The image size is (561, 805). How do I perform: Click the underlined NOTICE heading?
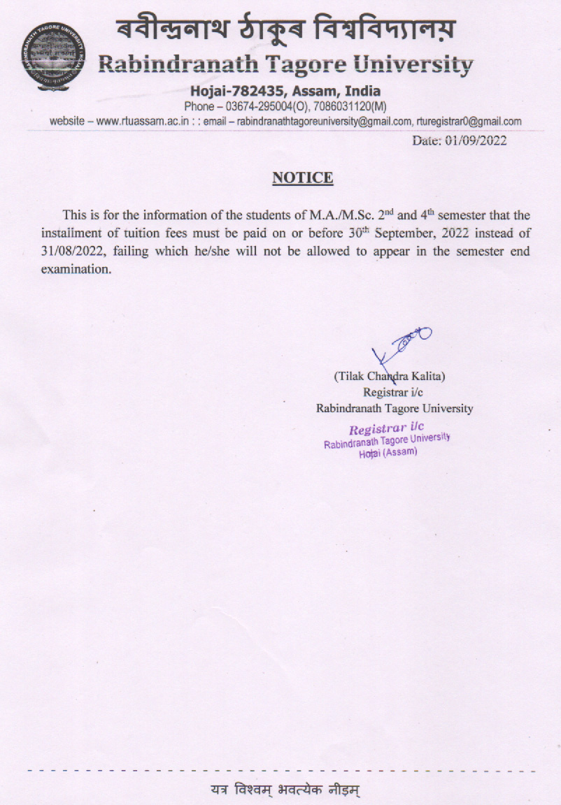(302, 177)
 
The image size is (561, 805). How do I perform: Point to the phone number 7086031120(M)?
(344, 106)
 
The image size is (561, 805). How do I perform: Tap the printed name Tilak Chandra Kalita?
(390, 376)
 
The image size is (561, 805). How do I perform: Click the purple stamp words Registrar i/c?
(387, 428)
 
